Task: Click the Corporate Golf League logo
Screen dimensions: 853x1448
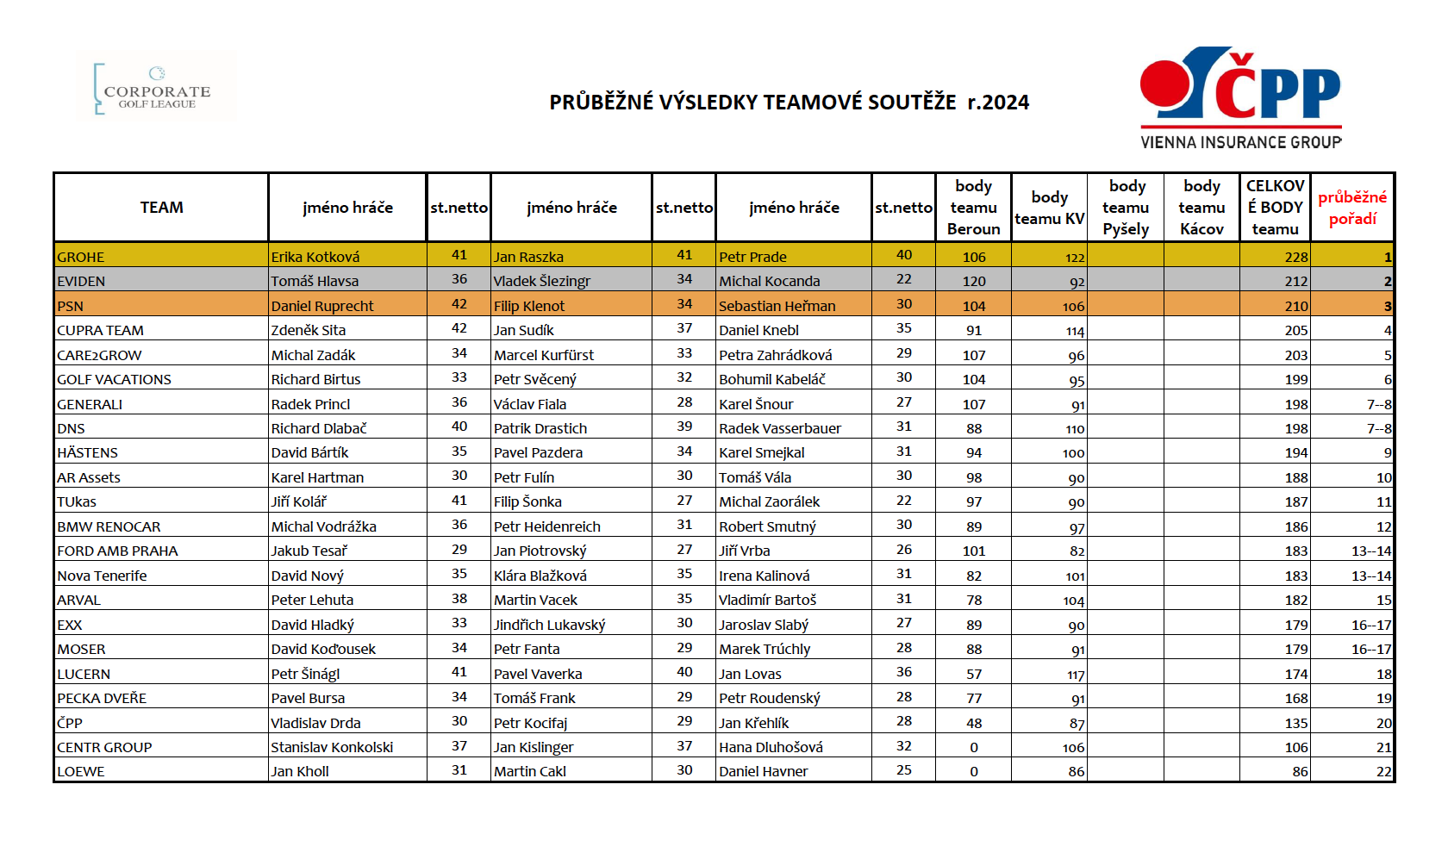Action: (156, 86)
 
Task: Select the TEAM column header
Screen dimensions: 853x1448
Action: (161, 208)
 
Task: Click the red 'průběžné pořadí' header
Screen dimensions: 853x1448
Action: (1351, 208)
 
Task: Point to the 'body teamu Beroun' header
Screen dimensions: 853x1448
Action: (973, 208)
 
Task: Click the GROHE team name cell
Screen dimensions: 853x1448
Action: (81, 257)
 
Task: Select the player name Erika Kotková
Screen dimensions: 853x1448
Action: (315, 257)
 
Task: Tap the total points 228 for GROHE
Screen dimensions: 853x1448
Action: (1295, 257)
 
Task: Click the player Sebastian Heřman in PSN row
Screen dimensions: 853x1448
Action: (777, 306)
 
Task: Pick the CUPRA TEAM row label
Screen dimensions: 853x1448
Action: (100, 330)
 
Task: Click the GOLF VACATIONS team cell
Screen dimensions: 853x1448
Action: (114, 379)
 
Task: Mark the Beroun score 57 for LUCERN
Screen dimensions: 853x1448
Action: (974, 674)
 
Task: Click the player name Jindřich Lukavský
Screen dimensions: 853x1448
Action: (549, 625)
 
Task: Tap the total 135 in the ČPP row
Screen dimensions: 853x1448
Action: (1295, 723)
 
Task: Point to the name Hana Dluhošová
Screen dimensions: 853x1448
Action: (771, 747)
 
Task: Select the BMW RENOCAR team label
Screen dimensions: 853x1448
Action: (109, 526)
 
